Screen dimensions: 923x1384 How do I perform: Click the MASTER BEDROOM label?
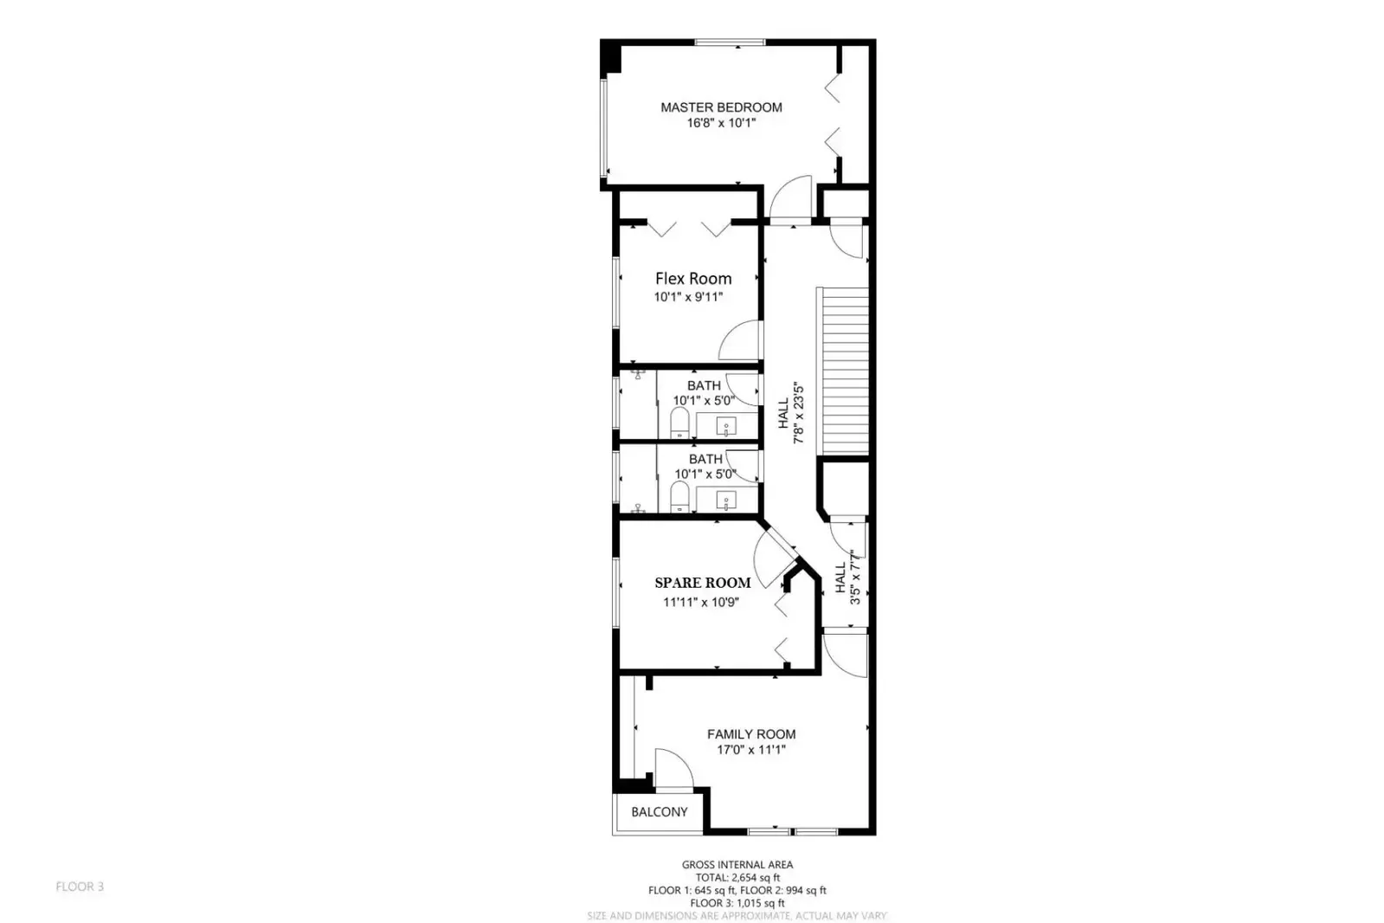721,107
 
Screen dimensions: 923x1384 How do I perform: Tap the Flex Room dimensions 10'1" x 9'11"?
688,297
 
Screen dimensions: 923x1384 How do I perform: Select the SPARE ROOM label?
702,583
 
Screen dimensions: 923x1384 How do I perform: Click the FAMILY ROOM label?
751,734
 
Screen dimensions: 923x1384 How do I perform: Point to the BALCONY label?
659,812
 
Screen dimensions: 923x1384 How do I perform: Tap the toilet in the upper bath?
679,423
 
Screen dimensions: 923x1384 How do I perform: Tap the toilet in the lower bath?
679,497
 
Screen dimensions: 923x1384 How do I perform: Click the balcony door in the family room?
673,770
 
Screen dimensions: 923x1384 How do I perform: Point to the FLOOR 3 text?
80,887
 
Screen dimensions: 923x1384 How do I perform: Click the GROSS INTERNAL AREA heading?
737,864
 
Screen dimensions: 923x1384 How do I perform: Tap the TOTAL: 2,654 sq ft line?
737,877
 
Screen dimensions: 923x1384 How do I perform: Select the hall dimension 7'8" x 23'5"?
800,414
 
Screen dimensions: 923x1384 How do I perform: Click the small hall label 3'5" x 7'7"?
856,578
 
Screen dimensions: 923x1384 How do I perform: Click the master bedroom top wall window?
730,42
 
